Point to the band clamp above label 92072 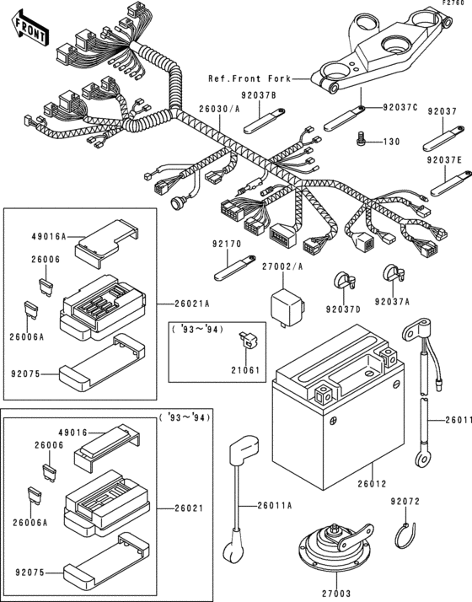coord(407,533)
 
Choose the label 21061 coord(246,370)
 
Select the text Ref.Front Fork coord(248,78)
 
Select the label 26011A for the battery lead coord(276,505)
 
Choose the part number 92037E coord(443,158)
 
